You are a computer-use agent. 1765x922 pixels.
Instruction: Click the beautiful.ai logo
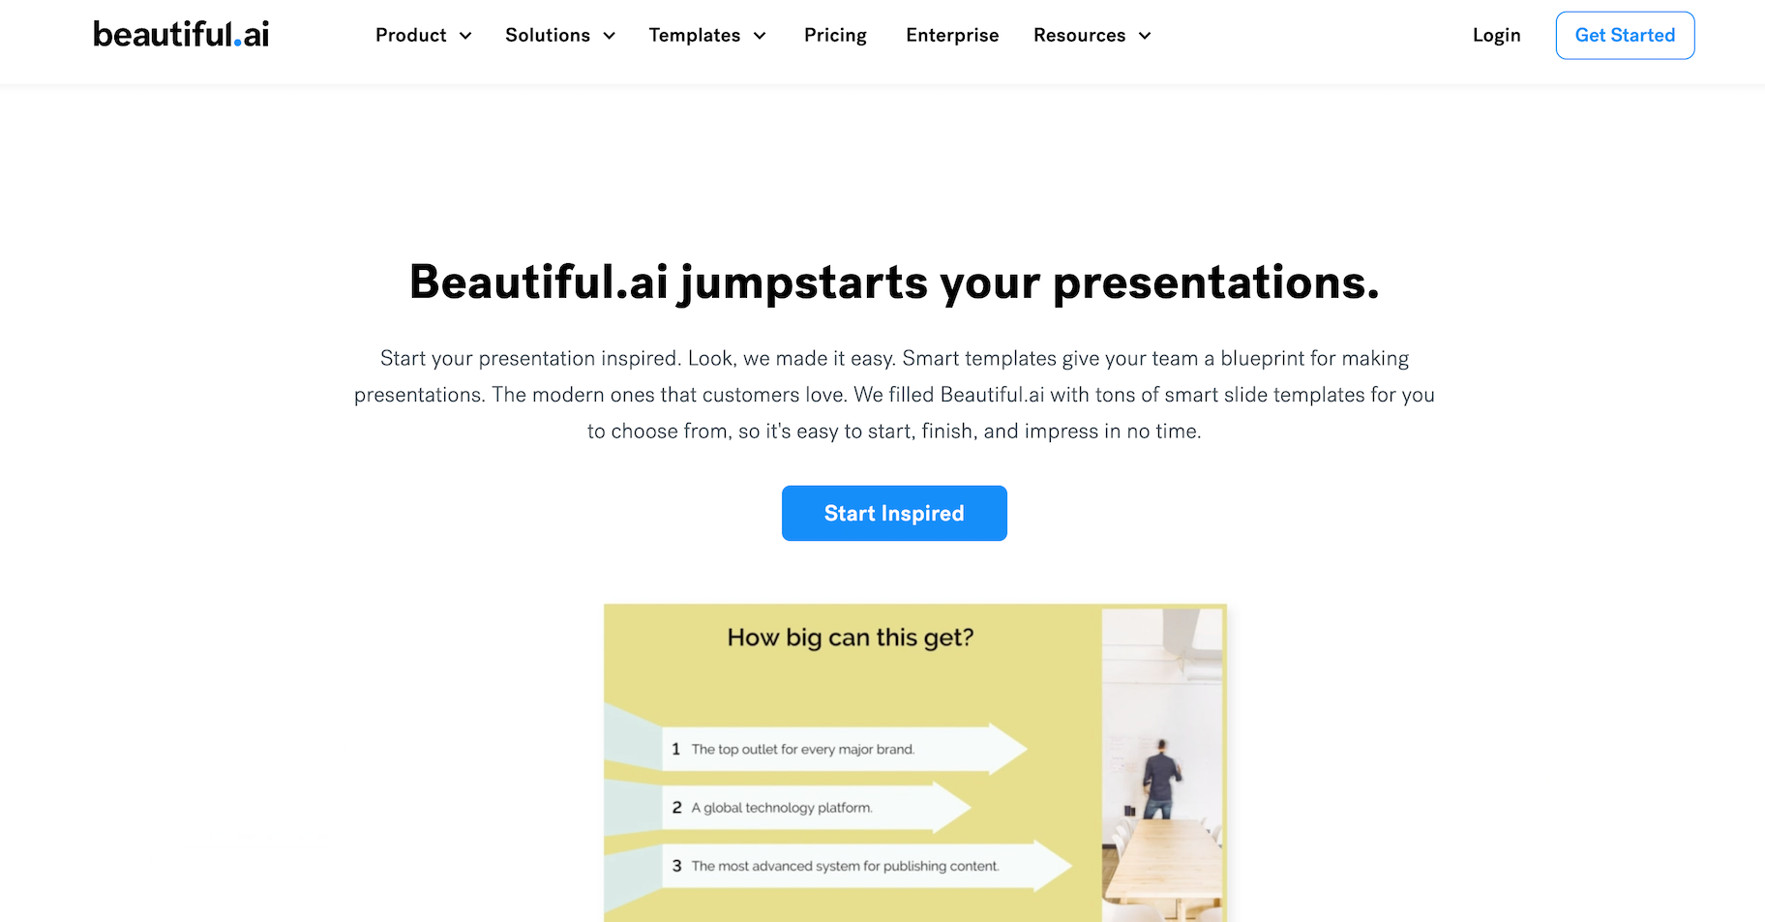point(181,35)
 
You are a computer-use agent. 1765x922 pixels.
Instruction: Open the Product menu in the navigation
point(423,36)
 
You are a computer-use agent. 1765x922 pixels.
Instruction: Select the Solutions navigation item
point(559,36)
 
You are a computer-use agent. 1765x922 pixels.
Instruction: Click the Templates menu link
point(707,36)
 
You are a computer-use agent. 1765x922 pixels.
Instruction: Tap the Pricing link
point(835,36)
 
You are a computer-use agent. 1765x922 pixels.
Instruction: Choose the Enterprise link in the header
point(952,36)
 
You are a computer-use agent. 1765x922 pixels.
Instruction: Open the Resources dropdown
point(1092,36)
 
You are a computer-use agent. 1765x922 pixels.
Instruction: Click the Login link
point(1496,36)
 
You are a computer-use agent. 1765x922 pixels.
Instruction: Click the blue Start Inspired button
point(894,513)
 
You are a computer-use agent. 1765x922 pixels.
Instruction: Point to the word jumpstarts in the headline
point(804,283)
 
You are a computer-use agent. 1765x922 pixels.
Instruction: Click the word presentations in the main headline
point(1215,283)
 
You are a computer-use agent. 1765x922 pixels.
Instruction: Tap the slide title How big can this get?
point(851,638)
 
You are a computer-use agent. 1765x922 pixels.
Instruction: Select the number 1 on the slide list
point(675,749)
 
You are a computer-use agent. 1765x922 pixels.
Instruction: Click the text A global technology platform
point(782,808)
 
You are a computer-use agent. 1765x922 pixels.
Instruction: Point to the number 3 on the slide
point(676,866)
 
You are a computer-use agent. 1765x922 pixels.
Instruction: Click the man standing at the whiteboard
point(1160,779)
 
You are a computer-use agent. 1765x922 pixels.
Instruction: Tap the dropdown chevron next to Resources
point(1145,36)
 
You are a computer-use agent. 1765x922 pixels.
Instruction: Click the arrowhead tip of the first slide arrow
point(1026,749)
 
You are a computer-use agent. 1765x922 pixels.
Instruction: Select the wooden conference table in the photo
point(1161,866)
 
